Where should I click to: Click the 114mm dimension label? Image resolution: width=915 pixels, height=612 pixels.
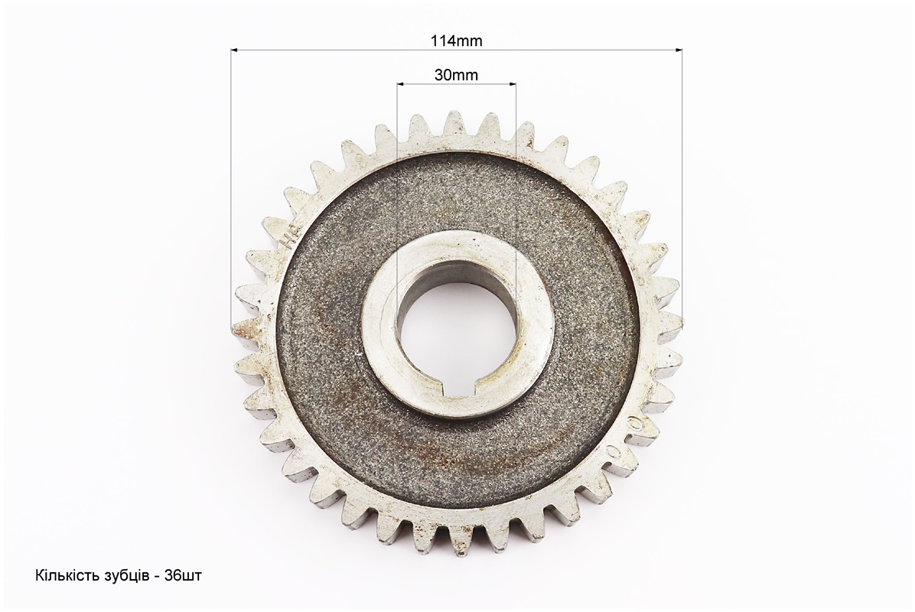456,41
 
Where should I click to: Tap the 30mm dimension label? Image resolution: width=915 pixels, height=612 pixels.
456,75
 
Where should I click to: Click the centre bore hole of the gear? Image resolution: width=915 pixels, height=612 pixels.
456,327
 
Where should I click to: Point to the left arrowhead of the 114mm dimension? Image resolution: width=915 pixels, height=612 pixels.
235,50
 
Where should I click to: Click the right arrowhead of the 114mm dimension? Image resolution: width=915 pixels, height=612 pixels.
679,50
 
